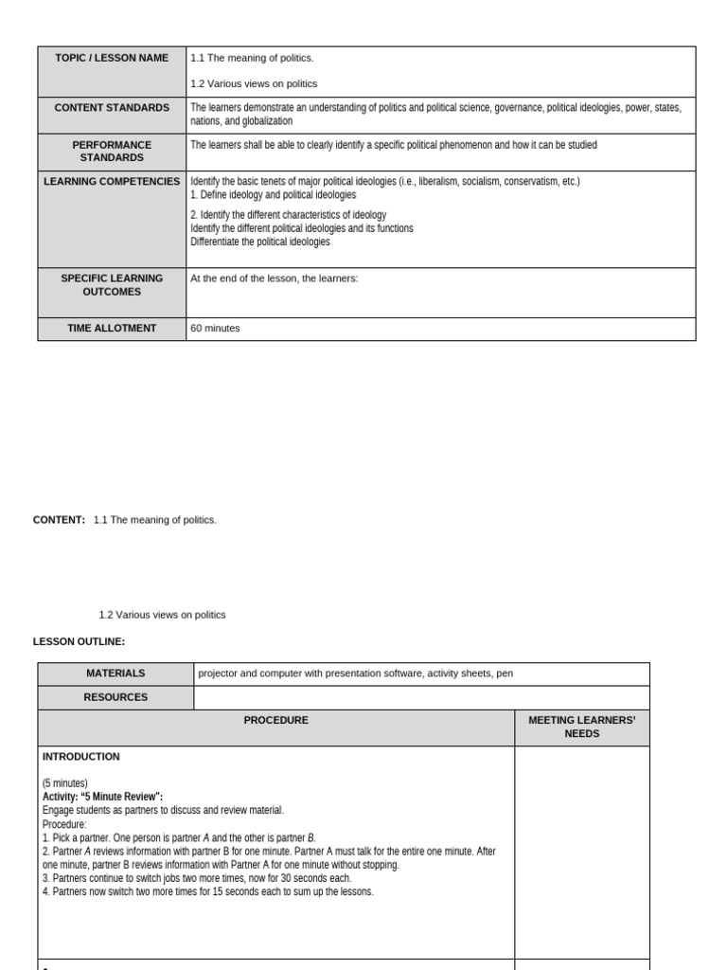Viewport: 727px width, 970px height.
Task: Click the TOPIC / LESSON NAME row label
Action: click(112, 58)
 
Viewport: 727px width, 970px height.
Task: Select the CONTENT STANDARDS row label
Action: click(112, 108)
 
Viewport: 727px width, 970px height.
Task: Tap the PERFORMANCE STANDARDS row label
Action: click(112, 152)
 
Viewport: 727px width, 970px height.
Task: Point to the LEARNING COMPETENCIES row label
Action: click(112, 181)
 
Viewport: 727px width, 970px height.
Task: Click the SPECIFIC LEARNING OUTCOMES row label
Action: click(112, 285)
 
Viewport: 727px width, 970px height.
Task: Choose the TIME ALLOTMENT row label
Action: click(112, 328)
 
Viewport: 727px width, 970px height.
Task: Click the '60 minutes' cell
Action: click(216, 329)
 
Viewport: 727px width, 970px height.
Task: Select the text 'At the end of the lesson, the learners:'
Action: click(275, 278)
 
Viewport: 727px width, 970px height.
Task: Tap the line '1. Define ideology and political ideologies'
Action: click(274, 194)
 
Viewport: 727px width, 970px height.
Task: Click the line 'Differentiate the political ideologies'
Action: click(260, 242)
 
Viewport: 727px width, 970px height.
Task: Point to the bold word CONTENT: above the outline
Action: click(59, 520)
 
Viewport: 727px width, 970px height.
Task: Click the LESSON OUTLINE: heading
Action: click(79, 641)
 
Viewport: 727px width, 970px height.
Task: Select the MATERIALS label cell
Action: click(115, 674)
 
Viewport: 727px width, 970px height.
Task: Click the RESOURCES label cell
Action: click(115, 697)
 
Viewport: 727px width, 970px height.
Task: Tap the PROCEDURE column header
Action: click(275, 721)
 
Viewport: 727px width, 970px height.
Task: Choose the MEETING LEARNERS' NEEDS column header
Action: click(581, 727)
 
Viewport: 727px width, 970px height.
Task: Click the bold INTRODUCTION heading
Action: click(81, 757)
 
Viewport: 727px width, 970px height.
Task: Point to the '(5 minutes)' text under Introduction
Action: click(65, 783)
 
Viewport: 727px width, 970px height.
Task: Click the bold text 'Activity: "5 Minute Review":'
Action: click(103, 797)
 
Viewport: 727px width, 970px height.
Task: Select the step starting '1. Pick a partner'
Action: click(180, 837)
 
